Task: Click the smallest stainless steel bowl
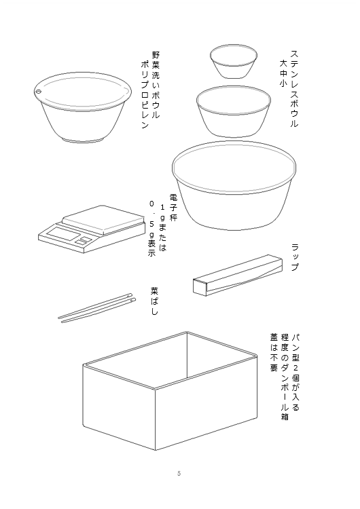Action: pyautogui.click(x=233, y=61)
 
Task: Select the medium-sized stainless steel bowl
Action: pyautogui.click(x=233, y=111)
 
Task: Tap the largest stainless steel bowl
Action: pyautogui.click(x=234, y=186)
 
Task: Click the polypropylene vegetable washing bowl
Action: pyautogui.click(x=83, y=107)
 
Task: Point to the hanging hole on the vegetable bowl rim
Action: pyautogui.click(x=39, y=92)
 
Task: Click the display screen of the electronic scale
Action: pyautogui.click(x=63, y=233)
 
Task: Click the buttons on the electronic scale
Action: pyautogui.click(x=84, y=240)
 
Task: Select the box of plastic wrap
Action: pyautogui.click(x=238, y=276)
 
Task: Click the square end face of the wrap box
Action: pyautogui.click(x=200, y=287)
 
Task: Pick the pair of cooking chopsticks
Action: pyautogui.click(x=96, y=307)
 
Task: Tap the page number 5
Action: pyautogui.click(x=179, y=473)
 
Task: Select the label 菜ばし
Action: pyautogui.click(x=154, y=301)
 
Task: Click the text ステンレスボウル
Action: pyautogui.click(x=293, y=89)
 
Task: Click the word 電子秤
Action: pyautogui.click(x=173, y=208)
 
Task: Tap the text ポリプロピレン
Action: pyautogui.click(x=145, y=95)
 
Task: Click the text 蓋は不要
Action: pyautogui.click(x=274, y=352)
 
